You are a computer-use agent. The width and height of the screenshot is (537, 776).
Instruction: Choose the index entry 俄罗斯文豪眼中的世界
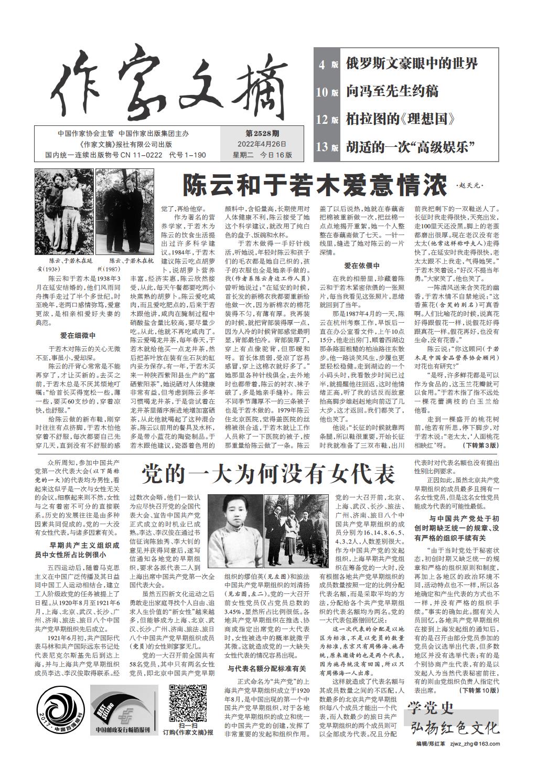[412, 64]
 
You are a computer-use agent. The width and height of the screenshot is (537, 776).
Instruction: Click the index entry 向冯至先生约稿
[392, 91]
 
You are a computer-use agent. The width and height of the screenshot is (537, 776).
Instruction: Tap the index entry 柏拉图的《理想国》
[400, 119]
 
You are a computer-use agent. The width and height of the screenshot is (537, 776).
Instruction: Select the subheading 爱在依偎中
[362, 265]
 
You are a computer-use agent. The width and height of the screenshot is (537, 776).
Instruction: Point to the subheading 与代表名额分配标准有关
[266, 668]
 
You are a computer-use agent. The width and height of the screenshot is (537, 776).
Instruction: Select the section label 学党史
[431, 708]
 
